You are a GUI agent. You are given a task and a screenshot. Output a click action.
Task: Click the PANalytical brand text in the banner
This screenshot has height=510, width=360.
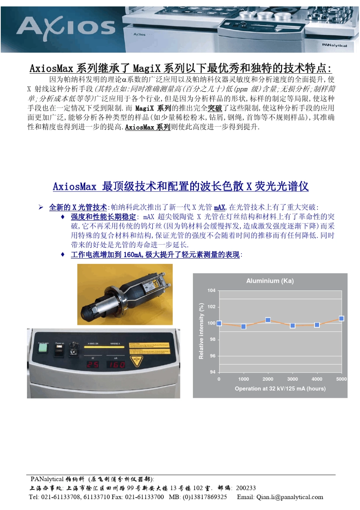[334, 45]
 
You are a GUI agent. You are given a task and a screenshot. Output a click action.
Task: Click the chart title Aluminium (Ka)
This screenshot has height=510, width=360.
[270, 281]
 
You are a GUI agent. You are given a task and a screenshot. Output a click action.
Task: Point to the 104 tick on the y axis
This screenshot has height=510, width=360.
[211, 290]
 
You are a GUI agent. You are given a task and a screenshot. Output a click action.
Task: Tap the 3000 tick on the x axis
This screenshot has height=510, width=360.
[292, 379]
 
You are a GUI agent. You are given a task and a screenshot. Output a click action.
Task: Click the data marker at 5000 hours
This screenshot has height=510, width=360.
[341, 319]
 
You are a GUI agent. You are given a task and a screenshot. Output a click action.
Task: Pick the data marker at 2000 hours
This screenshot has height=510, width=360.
[268, 320]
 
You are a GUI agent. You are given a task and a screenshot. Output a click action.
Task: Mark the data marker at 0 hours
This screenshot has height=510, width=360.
[219, 323]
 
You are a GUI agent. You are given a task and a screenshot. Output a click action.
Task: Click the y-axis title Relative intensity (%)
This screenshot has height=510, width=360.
[201, 331]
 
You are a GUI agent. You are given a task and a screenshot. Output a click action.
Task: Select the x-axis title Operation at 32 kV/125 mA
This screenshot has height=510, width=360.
[280, 389]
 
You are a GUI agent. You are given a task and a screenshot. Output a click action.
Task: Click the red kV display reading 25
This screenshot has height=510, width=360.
[93, 364]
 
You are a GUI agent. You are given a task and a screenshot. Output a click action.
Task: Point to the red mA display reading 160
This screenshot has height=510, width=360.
[117, 364]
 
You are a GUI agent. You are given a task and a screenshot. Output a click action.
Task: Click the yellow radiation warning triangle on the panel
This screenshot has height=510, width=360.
[137, 361]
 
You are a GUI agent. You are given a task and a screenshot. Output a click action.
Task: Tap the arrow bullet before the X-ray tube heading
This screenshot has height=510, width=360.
[41, 207]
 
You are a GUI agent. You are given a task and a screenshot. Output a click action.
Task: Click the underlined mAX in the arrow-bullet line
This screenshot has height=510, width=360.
[219, 207]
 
